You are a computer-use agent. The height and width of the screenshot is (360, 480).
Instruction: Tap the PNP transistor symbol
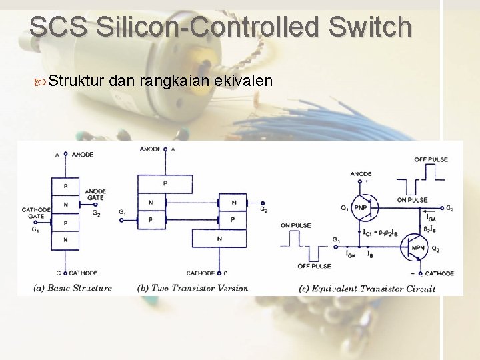pos(361,207)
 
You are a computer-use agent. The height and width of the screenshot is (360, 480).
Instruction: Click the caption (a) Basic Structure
pos(73,288)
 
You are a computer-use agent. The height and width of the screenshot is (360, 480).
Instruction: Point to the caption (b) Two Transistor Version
pos(193,288)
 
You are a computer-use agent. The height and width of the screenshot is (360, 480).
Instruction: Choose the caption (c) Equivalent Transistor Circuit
pos(367,288)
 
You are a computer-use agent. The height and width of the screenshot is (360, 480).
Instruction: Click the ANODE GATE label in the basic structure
pos(95,195)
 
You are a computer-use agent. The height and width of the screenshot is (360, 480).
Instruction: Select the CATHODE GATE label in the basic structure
pos(33,213)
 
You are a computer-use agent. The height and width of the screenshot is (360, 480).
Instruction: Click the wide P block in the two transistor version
pos(165,183)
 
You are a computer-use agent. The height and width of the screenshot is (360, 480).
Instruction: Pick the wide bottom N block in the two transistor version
pos(219,238)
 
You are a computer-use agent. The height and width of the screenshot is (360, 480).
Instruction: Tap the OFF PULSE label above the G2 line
pos(431,159)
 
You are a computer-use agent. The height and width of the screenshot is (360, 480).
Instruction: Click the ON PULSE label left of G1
pos(295,225)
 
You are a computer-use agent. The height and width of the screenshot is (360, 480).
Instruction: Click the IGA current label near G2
pos(431,218)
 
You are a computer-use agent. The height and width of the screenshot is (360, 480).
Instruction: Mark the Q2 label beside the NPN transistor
pos(435,249)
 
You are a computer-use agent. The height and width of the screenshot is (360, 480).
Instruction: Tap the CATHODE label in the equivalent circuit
pos(439,273)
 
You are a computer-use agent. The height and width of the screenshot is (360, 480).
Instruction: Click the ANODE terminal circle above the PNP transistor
pos(361,181)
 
